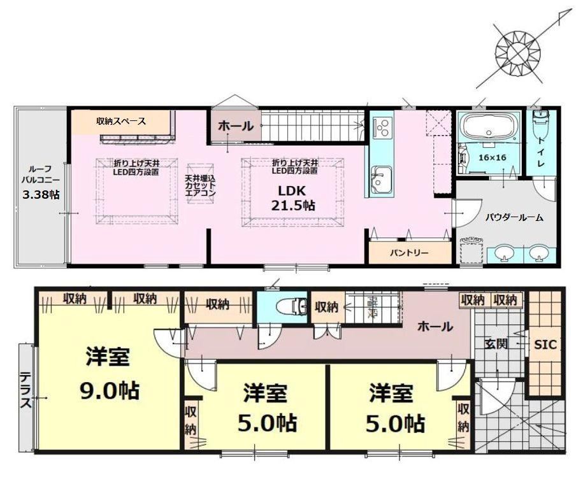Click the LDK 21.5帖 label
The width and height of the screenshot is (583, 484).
(292, 198)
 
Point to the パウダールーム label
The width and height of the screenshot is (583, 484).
(514, 217)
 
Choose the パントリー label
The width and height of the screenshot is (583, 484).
(409, 253)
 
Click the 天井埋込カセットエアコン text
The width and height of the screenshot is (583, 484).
(200, 185)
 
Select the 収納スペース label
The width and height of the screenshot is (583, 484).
(121, 121)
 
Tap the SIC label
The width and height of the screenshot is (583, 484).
(545, 345)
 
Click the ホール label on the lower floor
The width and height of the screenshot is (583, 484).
(435, 327)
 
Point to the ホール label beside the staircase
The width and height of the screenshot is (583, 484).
(236, 126)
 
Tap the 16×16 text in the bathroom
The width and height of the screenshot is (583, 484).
(493, 157)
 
